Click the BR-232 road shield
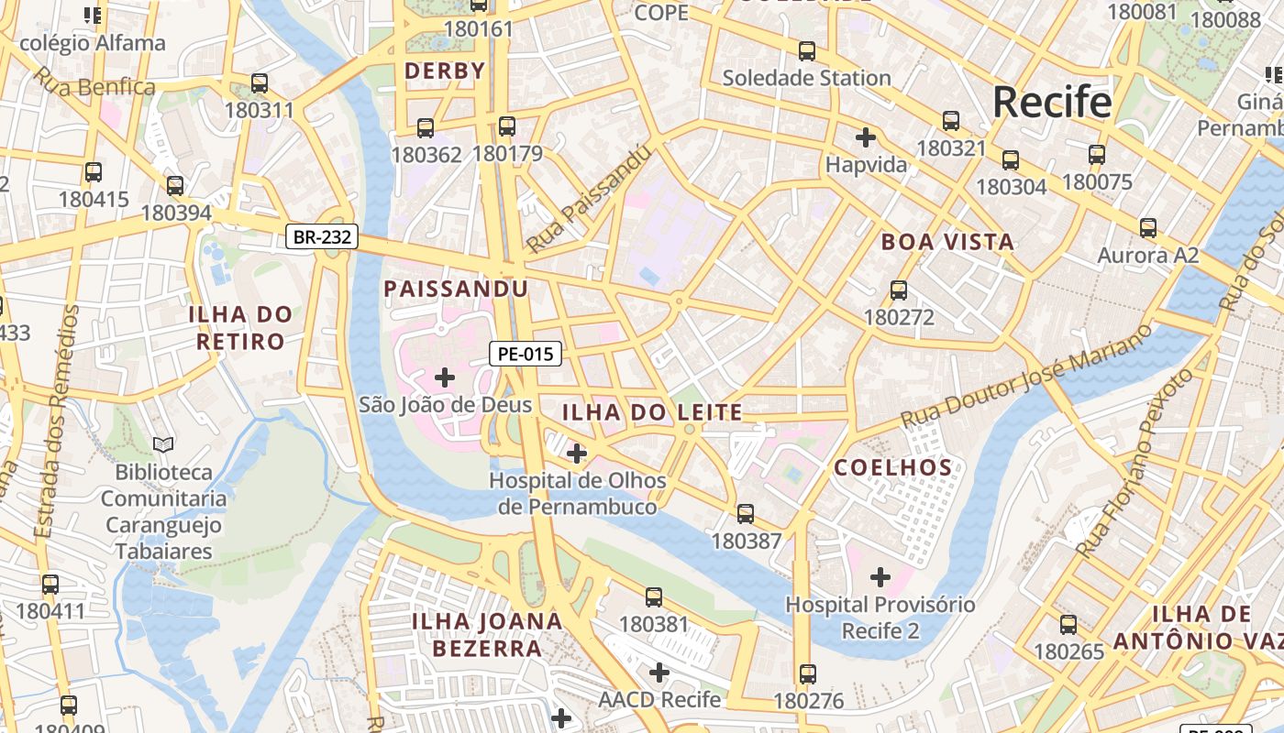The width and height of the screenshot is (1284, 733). tap(321, 237)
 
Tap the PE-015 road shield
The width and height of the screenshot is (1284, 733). tap(525, 354)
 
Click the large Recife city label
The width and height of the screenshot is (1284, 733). tap(1052, 102)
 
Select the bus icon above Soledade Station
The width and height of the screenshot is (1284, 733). tap(807, 51)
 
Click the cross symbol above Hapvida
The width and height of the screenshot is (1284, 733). tap(865, 138)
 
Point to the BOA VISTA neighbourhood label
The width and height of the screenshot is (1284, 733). tap(947, 243)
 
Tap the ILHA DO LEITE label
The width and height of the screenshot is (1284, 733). tap(652, 413)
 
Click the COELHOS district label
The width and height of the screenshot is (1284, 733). tap(893, 468)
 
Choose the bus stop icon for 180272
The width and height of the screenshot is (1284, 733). tap(899, 290)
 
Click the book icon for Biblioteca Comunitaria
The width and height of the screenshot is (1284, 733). tap(163, 445)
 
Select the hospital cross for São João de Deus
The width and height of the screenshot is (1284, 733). tap(445, 377)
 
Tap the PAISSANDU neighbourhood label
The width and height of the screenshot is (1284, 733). tap(456, 290)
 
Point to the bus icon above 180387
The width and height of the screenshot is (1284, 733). tap(746, 514)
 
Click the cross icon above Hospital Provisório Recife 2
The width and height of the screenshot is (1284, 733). tap(880, 577)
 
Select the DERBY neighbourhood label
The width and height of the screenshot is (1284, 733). tap(445, 71)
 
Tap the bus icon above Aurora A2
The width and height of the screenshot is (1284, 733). tap(1147, 228)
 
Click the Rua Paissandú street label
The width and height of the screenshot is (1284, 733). tap(589, 200)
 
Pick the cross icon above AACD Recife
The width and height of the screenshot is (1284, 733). tap(659, 673)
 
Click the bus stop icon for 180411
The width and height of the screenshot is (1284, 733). tap(50, 584)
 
